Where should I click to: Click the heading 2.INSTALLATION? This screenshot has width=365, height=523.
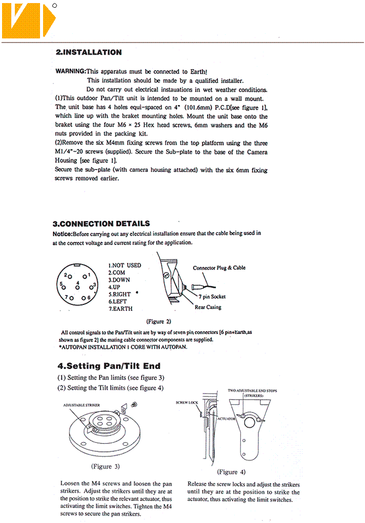(88, 52)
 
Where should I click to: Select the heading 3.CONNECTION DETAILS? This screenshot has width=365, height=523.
(102, 223)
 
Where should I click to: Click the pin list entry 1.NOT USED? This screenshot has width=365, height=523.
(125, 265)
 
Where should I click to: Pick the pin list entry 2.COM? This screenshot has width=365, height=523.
(116, 273)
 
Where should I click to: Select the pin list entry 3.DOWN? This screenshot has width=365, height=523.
(119, 280)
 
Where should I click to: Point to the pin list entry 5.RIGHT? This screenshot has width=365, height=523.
(119, 295)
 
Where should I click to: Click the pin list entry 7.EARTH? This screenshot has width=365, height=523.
(120, 309)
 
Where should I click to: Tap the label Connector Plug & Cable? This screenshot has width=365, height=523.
(219, 268)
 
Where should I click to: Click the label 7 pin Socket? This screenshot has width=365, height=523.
(212, 297)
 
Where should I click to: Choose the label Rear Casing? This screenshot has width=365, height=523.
(208, 307)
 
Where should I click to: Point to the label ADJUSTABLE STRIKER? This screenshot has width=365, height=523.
(81, 405)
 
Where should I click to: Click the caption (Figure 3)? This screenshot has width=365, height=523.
(106, 467)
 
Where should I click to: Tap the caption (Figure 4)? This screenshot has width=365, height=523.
(231, 472)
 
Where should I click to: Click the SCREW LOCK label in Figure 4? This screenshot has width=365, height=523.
(187, 403)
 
